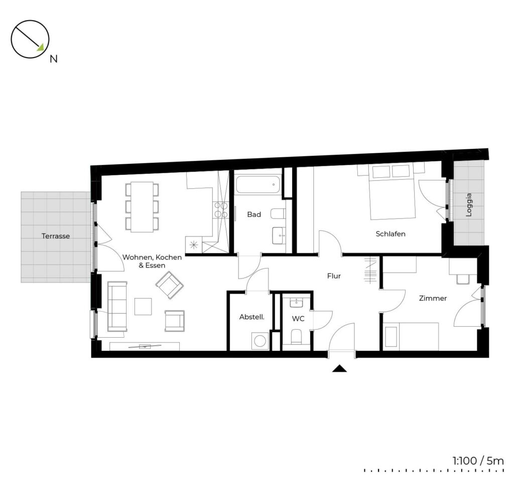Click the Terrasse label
pos(56,236)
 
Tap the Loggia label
pos(469,205)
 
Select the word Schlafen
pos(391,234)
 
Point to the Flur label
pos(334,276)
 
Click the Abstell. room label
pos(252,317)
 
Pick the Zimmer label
pos(433,298)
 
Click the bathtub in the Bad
pos(259,185)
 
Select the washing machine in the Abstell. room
pos(260,341)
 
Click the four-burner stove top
pos(221,210)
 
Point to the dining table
pos(142,207)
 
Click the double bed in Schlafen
pos(393,192)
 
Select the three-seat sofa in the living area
pos(117,306)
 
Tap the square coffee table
pos(143,306)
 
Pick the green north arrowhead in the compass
pos(41,48)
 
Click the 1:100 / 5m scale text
pos(478,461)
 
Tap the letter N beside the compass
pos(53,59)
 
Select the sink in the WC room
pos(296,303)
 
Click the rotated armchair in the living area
pos(170,285)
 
